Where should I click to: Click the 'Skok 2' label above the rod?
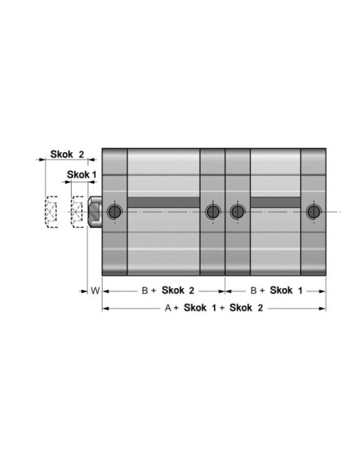67,154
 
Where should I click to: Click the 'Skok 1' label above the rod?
81,174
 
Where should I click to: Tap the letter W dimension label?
96,291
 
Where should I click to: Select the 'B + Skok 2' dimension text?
168,291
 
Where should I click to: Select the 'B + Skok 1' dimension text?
276,291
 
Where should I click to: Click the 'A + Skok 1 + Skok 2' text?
213,308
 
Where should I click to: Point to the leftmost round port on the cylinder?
115,212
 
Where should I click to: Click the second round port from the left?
213,212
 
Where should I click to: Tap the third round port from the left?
237,212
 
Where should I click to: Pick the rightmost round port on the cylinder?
314,212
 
